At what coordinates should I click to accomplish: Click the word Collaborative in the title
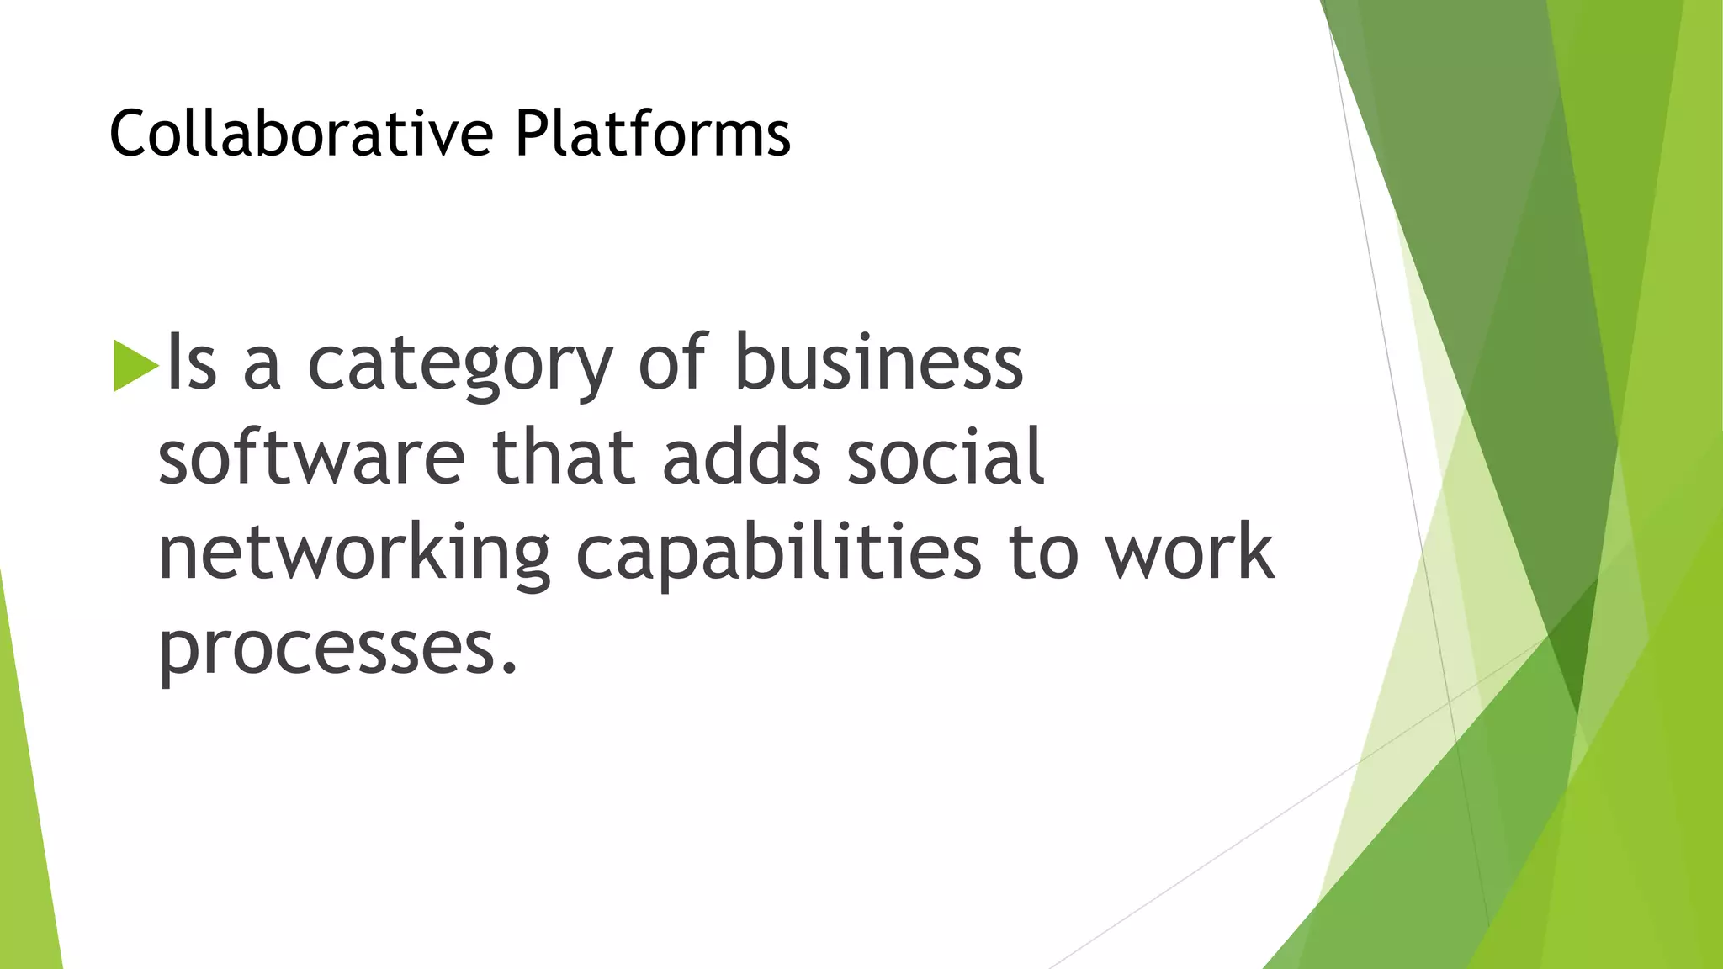point(300,134)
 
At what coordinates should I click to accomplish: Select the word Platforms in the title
point(653,134)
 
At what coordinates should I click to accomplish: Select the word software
point(311,458)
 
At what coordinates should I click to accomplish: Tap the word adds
point(741,458)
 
